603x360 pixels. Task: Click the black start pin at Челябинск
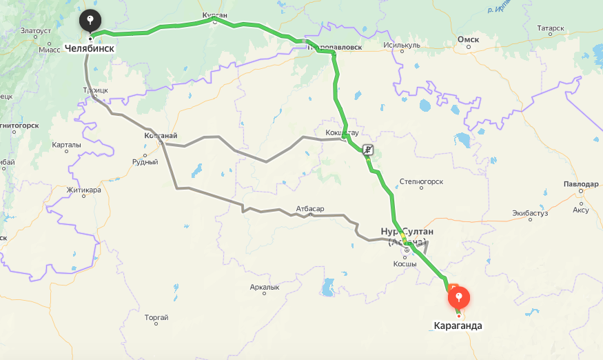(x=90, y=21)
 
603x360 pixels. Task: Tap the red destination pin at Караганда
(x=459, y=299)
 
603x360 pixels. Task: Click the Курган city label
(x=215, y=14)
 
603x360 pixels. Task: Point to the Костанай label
(x=161, y=136)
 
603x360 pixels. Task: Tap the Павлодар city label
(x=580, y=185)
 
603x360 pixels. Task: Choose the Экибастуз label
(x=529, y=214)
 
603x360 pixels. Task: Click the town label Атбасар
(x=309, y=208)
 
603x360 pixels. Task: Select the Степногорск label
(x=421, y=182)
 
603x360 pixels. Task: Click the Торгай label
(x=156, y=317)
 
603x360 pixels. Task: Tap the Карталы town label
(x=66, y=145)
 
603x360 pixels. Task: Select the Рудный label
(x=145, y=162)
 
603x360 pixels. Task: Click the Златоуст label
(x=36, y=30)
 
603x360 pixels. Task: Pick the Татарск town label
(x=551, y=28)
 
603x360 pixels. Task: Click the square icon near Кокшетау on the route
(x=369, y=149)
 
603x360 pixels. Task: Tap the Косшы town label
(x=405, y=264)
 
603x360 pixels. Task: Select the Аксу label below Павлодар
(x=581, y=210)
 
